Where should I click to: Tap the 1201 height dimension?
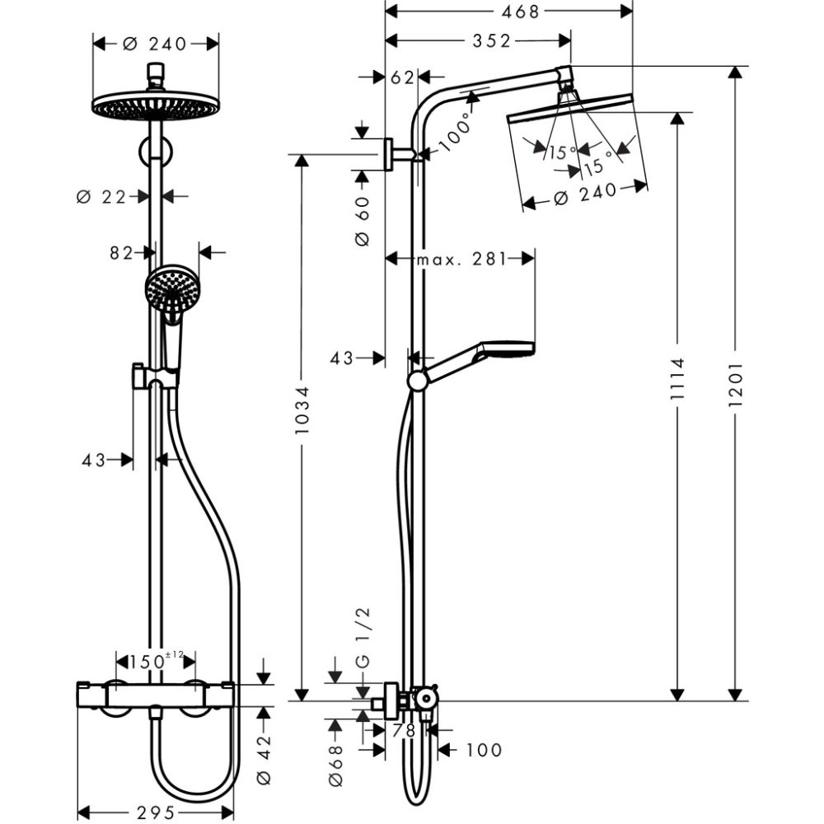click(736, 385)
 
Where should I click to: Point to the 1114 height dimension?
click(677, 385)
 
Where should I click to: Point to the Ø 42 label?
click(264, 754)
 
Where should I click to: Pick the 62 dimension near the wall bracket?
click(401, 77)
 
